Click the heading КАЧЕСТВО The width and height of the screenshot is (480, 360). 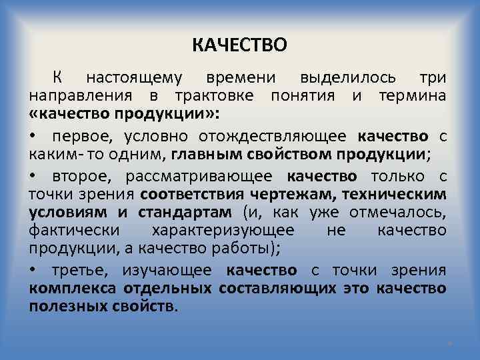[240, 45]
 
